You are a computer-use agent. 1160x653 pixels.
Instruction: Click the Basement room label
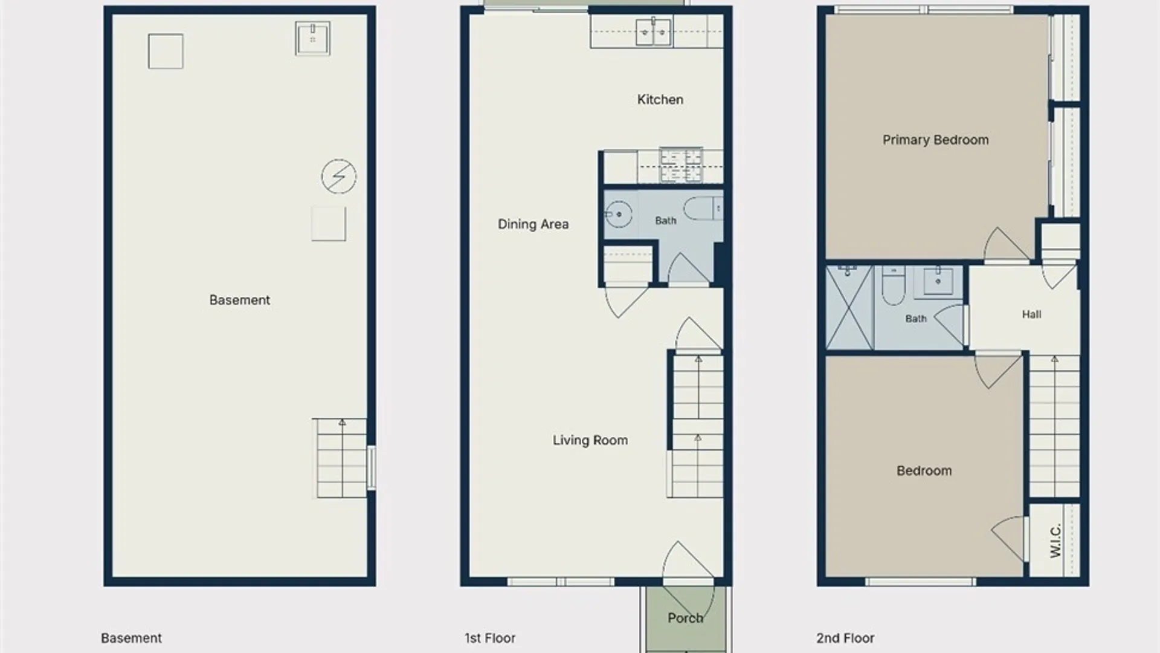(x=239, y=300)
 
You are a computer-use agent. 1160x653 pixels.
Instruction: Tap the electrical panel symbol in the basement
(x=339, y=177)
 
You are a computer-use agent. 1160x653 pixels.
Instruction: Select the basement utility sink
(x=313, y=38)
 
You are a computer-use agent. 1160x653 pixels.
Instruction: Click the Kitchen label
(x=660, y=100)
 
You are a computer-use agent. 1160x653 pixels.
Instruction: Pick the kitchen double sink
(x=653, y=31)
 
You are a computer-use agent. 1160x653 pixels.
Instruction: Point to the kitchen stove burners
(x=681, y=165)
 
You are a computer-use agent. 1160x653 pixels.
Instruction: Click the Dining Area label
(x=533, y=224)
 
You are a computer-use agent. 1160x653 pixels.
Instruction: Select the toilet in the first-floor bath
(x=704, y=209)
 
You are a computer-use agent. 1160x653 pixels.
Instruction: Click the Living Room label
(x=590, y=440)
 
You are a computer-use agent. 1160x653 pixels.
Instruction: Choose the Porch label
(x=685, y=618)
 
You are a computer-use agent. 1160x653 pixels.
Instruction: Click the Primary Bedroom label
(x=935, y=140)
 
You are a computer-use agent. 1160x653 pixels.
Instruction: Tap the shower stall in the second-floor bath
(x=849, y=307)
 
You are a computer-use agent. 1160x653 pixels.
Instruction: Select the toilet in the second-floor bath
(x=893, y=285)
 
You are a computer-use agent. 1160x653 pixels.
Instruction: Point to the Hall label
(x=1031, y=314)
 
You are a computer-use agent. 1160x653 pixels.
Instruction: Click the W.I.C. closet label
(x=1055, y=541)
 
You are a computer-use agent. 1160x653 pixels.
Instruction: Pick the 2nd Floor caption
(x=845, y=638)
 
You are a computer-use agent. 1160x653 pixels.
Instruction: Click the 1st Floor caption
(x=490, y=638)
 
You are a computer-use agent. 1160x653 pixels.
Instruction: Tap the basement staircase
(x=341, y=458)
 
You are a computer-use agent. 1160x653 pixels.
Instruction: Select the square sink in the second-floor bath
(x=938, y=281)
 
